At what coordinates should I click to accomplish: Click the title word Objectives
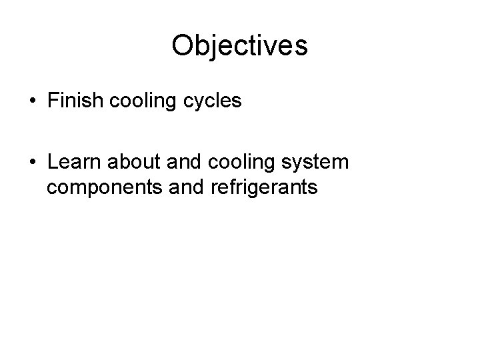[x=239, y=46]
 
